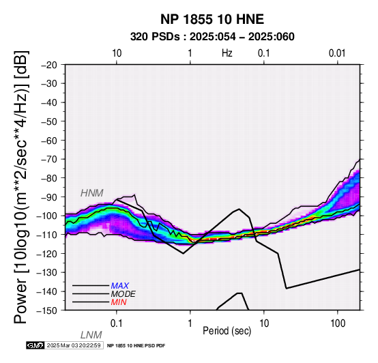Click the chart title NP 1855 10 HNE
coord(212,19)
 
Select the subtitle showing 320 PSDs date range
coord(212,37)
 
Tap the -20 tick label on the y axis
coord(49,65)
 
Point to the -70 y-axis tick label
coord(49,160)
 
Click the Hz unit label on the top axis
coord(227,53)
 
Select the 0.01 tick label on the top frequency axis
coord(337,53)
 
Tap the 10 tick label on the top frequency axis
coord(117,53)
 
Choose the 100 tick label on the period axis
coord(338,323)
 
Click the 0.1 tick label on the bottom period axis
coord(116,323)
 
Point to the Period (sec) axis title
coord(227,331)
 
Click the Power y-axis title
coord(21,187)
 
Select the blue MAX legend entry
coord(120,286)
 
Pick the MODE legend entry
coord(123,294)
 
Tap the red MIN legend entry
coord(119,302)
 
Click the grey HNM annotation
coord(92,193)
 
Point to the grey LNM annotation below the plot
coord(91,335)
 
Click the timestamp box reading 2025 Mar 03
coord(74,345)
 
